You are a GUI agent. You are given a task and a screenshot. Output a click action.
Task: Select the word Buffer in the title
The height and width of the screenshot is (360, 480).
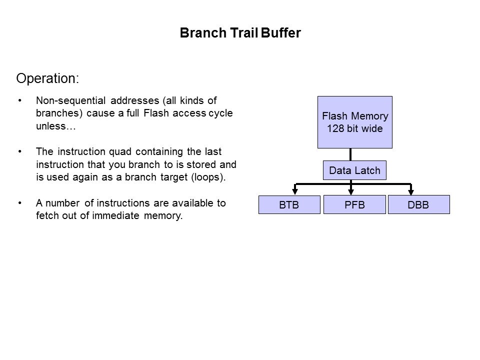280,33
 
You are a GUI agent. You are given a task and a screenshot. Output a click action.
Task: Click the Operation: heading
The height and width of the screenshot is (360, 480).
47,78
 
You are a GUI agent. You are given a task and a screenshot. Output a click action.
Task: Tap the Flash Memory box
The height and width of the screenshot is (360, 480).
355,122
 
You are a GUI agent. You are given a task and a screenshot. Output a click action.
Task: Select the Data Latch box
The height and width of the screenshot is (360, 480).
354,170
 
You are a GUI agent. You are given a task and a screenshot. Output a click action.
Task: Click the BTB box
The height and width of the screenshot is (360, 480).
289,204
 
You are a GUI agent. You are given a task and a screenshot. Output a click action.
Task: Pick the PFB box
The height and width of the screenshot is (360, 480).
354,204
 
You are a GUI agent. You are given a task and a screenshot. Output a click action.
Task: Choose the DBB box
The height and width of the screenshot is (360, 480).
419,204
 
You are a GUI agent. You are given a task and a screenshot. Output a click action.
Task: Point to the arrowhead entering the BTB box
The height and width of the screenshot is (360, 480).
295,192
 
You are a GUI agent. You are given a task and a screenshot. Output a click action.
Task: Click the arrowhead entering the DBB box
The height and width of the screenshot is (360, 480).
411,192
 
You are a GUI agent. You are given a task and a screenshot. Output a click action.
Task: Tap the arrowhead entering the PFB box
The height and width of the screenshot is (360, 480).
351,192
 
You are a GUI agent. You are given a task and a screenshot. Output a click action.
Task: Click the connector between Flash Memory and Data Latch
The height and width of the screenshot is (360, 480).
350,154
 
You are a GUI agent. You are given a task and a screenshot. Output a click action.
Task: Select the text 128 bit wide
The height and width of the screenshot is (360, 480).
355,128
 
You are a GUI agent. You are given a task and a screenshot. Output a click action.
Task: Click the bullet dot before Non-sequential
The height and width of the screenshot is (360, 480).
20,100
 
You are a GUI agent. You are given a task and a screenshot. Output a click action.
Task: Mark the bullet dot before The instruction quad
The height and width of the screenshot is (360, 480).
20,151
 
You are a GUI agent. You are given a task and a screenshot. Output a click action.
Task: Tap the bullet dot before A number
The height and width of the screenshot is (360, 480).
20,203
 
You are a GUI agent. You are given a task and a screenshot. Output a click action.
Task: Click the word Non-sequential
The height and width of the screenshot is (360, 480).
71,100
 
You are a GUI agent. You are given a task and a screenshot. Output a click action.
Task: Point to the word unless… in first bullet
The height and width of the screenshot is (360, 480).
55,126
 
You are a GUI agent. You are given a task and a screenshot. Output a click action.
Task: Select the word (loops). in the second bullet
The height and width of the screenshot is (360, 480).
208,177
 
